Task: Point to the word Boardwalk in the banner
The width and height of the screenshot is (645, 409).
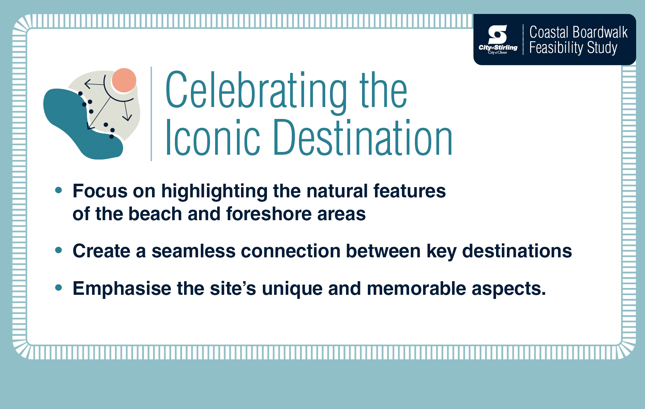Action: coord(600,32)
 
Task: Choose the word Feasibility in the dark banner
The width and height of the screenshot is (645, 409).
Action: coord(556,48)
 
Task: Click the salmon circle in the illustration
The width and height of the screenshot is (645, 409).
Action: coord(124,80)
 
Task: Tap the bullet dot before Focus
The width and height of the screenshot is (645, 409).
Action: coord(59,190)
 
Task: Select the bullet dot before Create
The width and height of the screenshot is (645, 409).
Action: coord(59,251)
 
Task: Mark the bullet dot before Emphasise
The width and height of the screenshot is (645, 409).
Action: coord(59,288)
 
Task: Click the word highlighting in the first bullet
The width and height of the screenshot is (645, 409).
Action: coord(214,191)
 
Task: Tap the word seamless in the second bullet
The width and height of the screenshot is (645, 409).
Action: coord(193,251)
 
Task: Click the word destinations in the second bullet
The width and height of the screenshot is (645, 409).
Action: coord(517,251)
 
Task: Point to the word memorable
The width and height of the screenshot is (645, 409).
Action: coord(416,289)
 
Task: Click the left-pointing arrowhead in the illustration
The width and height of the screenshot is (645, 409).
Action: coord(88,84)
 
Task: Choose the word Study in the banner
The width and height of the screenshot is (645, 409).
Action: coord(602,48)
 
